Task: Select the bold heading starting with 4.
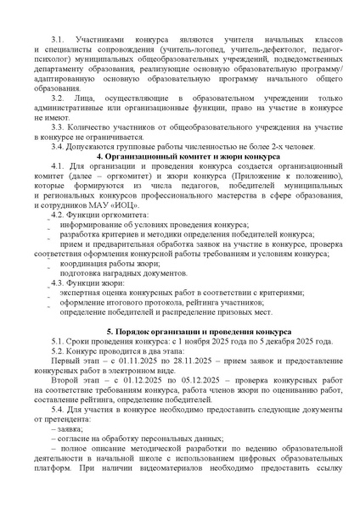coord(180,183)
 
